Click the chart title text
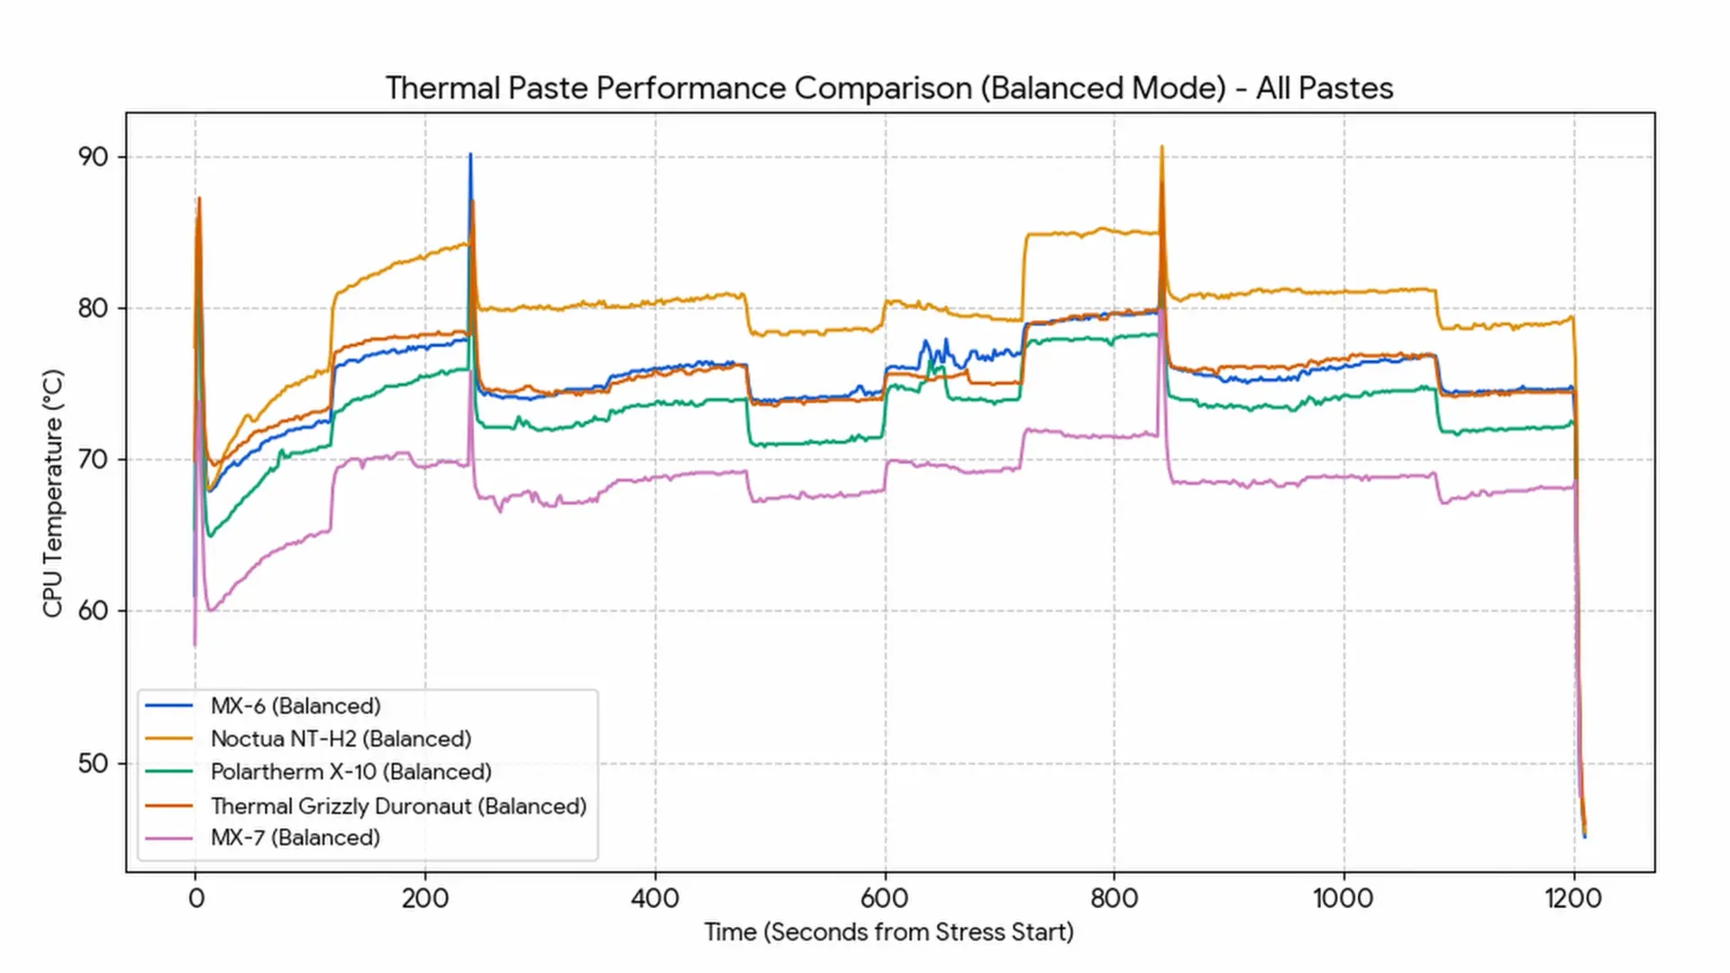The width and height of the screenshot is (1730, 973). (889, 88)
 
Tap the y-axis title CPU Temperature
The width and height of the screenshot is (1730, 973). (53, 493)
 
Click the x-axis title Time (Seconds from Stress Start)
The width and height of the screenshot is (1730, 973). (888, 932)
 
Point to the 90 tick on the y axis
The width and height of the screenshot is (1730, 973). (93, 157)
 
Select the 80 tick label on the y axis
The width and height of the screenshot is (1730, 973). (93, 308)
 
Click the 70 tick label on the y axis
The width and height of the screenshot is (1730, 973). (93, 459)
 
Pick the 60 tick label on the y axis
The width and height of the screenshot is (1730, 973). (93, 611)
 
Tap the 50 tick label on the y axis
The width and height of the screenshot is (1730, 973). (93, 763)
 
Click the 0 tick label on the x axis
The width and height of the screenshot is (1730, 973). (196, 898)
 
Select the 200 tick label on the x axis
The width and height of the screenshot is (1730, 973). (425, 898)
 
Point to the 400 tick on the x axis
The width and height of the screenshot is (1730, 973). (655, 898)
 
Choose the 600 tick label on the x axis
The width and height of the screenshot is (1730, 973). (885, 898)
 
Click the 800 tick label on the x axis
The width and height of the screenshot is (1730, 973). (1115, 898)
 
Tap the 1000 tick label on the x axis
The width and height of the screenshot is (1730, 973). (1343, 898)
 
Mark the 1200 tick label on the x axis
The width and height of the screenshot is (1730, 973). (1573, 898)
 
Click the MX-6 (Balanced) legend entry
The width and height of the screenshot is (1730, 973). (296, 705)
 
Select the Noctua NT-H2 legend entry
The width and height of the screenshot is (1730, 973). (341, 739)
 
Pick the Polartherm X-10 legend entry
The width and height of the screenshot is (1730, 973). (351, 772)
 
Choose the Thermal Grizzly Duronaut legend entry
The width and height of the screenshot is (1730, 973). (398, 805)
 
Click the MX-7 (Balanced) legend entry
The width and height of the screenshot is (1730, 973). (295, 838)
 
